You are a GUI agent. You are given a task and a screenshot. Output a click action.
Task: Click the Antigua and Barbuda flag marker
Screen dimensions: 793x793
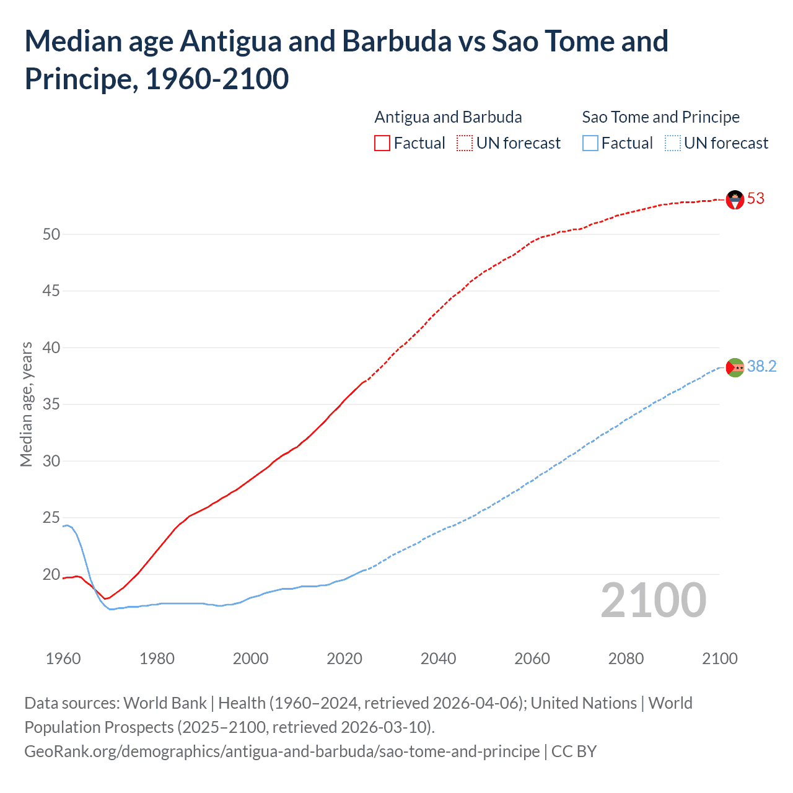pos(735,199)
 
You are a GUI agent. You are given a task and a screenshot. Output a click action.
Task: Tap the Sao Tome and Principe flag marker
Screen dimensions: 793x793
pos(735,367)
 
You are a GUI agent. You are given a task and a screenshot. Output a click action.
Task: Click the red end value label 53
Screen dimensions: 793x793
pos(756,199)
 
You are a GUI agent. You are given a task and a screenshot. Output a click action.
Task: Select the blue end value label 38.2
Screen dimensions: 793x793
pos(761,367)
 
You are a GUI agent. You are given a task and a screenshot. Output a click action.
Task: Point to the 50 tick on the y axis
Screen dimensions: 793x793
pos(51,234)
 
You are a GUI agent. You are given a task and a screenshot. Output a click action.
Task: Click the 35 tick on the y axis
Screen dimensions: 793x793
pos(51,405)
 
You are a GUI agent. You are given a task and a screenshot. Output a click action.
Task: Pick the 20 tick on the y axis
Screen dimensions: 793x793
pos(51,574)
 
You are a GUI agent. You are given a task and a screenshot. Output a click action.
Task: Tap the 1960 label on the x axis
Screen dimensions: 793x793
pos(63,659)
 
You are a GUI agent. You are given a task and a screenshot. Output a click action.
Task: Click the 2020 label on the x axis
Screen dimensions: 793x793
pos(344,659)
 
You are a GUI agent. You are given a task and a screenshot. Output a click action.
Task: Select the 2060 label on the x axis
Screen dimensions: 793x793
pos(532,659)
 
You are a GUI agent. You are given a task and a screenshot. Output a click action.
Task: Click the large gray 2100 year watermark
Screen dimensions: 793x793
pos(653,600)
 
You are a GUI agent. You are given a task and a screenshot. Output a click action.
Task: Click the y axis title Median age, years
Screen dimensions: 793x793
pos(26,404)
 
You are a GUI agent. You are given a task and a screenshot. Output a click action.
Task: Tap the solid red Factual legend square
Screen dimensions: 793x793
pos(382,144)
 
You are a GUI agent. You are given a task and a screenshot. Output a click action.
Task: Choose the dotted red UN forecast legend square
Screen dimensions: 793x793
pos(465,144)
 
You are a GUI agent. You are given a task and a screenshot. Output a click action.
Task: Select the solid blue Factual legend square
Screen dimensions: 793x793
pos(590,144)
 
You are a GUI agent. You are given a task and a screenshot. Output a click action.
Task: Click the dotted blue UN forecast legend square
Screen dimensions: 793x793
pos(672,144)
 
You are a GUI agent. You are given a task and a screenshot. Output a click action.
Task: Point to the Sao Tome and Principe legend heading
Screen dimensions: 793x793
pos(660,117)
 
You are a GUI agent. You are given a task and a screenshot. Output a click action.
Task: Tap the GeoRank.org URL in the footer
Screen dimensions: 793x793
pos(282,751)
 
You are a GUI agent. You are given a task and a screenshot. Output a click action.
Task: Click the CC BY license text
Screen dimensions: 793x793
pos(574,751)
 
